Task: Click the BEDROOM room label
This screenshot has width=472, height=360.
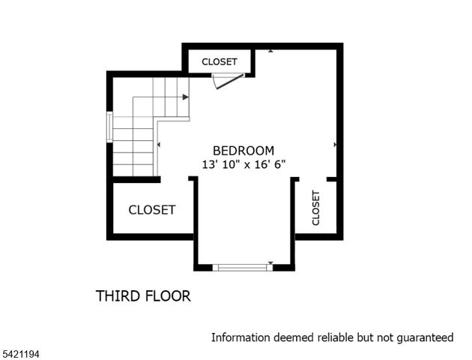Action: (243, 150)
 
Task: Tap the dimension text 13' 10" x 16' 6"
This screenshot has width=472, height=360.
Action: (243, 163)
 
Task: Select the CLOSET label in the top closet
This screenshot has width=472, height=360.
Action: (219, 61)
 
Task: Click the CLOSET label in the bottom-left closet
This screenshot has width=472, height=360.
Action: (152, 210)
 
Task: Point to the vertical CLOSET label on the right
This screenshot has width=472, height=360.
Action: (315, 208)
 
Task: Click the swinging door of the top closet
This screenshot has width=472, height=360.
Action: (228, 81)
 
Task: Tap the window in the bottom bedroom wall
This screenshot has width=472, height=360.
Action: (242, 266)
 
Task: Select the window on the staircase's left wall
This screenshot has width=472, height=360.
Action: (110, 127)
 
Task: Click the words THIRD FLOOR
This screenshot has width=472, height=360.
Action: (143, 296)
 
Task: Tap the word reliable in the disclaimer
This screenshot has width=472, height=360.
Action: (332, 337)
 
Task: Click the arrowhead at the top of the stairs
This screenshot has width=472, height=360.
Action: (185, 97)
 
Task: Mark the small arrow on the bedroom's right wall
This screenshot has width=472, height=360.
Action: (335, 144)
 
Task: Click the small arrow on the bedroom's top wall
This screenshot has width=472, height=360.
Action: (270, 51)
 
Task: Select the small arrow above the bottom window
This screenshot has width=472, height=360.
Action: (270, 262)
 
